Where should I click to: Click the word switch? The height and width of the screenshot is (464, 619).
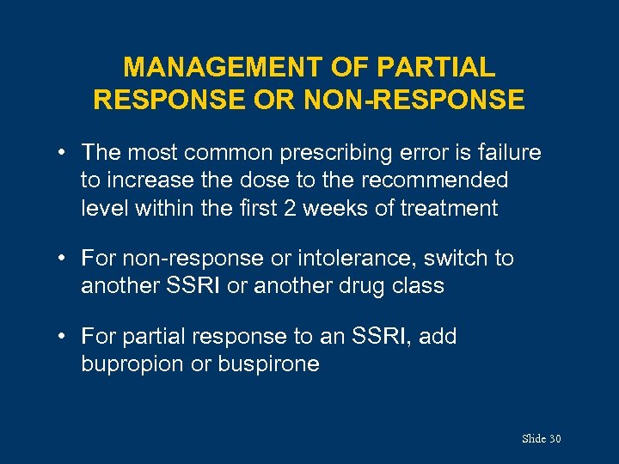coord(449,259)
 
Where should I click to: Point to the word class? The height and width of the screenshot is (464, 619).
coord(418,286)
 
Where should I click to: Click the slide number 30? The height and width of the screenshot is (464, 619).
coord(554,439)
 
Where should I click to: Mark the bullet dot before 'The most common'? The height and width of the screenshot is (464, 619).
coord(64,153)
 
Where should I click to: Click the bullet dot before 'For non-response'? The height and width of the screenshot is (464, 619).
coord(64,259)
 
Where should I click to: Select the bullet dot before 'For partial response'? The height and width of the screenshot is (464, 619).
coord(64,337)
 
